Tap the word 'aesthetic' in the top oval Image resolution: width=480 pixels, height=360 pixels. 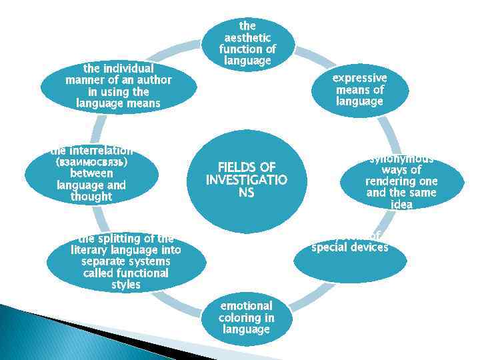[247, 38]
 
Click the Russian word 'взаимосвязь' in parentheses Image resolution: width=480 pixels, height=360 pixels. [92, 161]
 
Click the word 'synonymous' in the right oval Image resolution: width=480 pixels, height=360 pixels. [401, 159]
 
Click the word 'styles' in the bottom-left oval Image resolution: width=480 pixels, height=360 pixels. [126, 285]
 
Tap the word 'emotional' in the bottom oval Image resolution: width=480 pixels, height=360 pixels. [247, 305]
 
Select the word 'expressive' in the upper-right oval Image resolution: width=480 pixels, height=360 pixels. [360, 78]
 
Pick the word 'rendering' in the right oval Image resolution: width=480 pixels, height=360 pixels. [393, 181]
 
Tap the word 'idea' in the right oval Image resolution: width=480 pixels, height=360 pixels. [402, 205]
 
